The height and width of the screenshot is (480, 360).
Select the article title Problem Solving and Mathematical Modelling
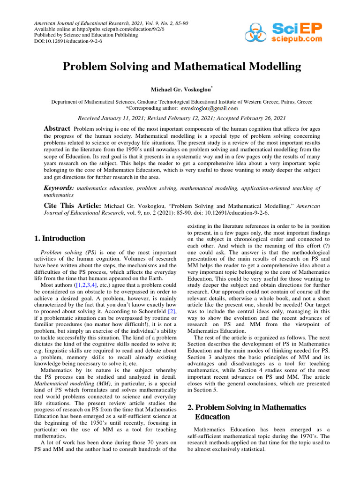pos(182,67)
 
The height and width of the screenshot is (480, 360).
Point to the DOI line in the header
pos(69,41)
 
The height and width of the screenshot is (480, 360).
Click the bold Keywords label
pos(58,187)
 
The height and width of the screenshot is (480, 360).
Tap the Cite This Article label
pos(72,205)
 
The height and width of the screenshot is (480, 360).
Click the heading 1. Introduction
pos(60,238)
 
